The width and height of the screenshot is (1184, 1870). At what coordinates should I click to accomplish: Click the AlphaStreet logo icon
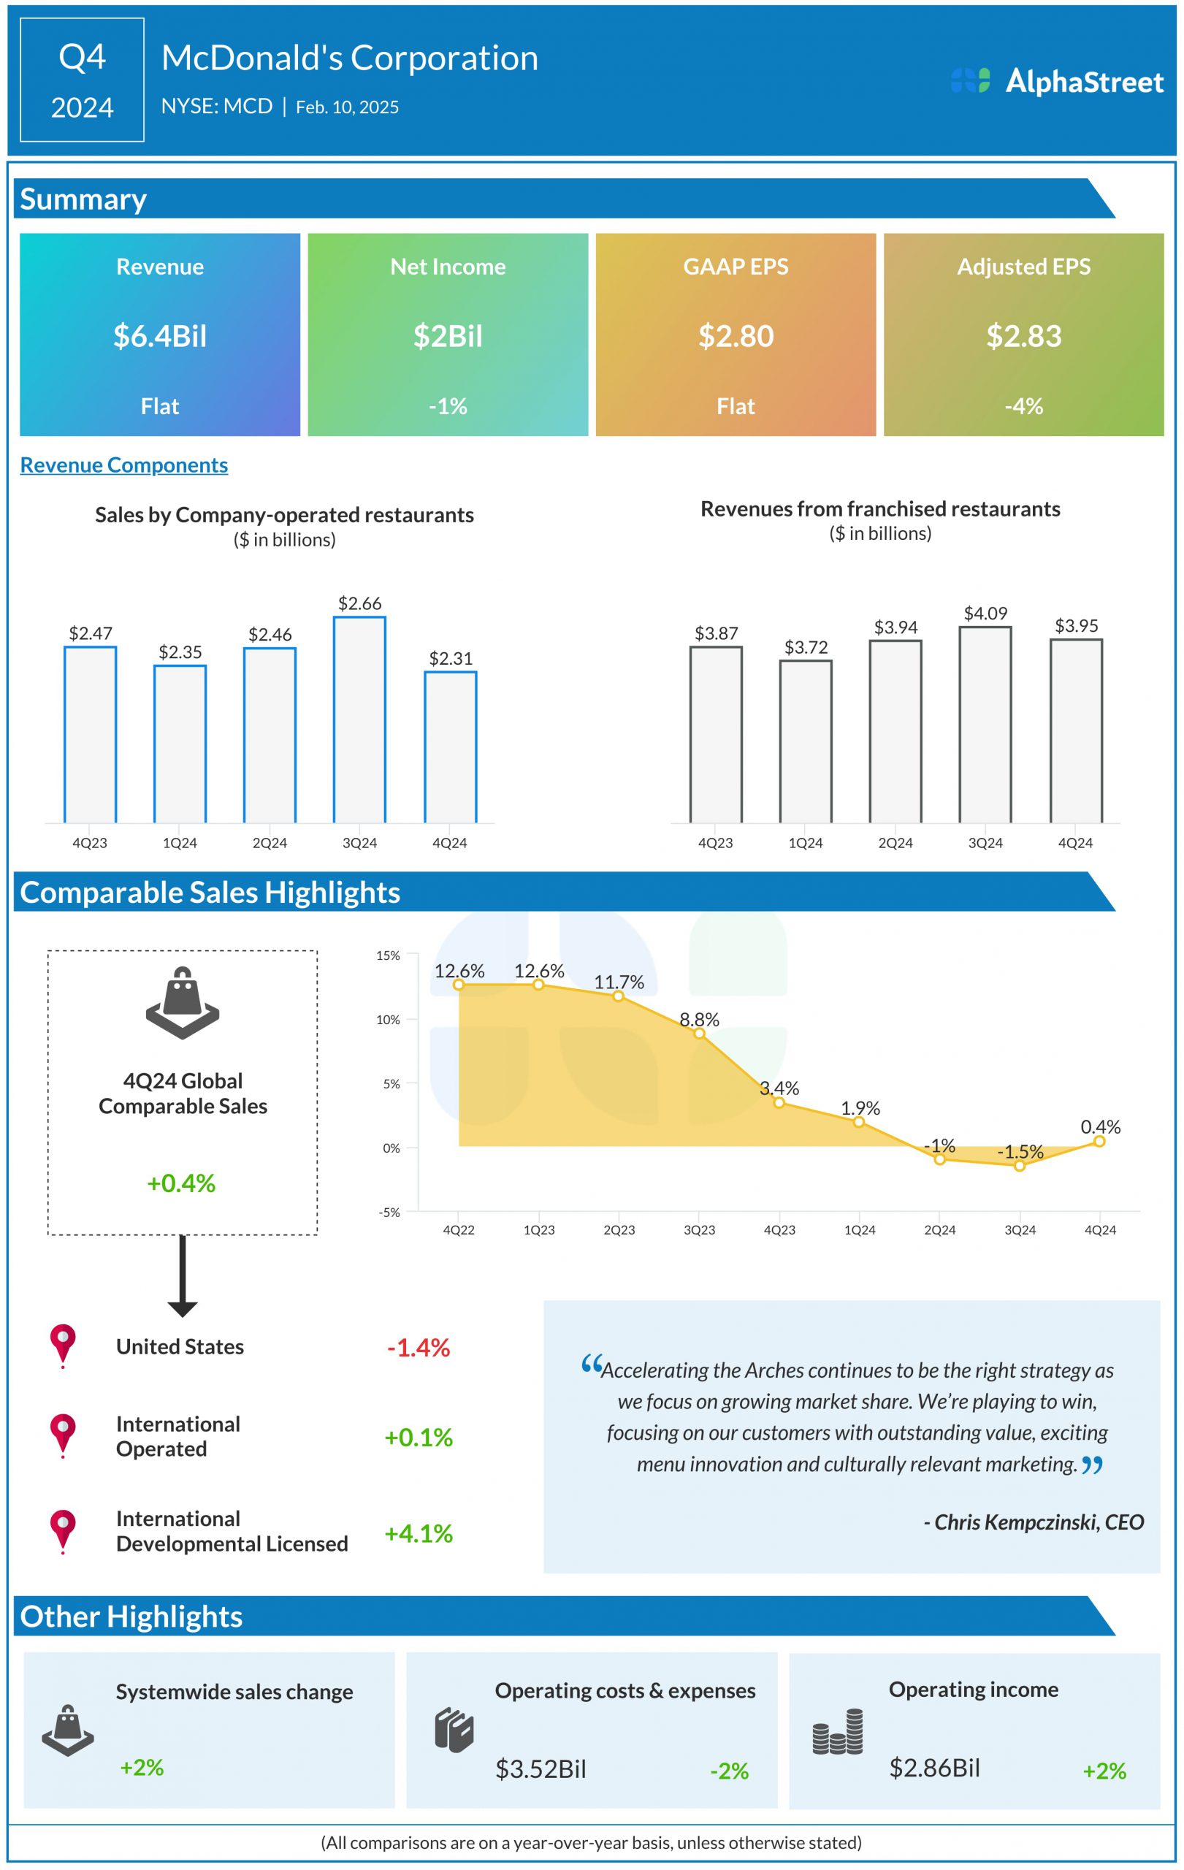[x=970, y=81]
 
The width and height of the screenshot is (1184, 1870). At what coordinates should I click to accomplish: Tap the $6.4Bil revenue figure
[x=160, y=336]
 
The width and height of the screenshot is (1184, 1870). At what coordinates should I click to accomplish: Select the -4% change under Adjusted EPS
[x=1023, y=406]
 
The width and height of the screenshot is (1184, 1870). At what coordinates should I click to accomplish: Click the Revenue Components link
[x=124, y=465]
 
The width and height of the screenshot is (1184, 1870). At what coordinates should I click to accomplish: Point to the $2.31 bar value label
[x=451, y=659]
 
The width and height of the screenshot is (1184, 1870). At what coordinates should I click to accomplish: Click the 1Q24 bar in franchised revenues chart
[x=805, y=741]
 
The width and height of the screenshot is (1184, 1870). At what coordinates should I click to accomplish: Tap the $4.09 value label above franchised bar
[x=985, y=614]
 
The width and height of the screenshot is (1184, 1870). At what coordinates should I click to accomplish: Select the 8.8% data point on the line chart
[x=699, y=1033]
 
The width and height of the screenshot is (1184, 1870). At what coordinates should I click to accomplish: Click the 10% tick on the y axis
[x=388, y=1020]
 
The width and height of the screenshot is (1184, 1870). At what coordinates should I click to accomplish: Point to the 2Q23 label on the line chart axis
[x=619, y=1230]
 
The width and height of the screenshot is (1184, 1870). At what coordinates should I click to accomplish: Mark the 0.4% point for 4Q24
[x=1099, y=1141]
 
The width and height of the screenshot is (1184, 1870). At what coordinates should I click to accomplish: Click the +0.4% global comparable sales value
[x=181, y=1183]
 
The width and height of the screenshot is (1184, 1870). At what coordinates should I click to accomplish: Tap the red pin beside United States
[x=63, y=1343]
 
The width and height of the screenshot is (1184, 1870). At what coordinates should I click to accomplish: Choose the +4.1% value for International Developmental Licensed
[x=419, y=1533]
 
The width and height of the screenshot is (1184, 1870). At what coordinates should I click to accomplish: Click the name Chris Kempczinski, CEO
[x=1034, y=1522]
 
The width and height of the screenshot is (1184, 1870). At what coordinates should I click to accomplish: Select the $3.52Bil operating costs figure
[x=541, y=1768]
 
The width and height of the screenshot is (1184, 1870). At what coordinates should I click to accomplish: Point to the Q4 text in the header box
[x=83, y=57]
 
